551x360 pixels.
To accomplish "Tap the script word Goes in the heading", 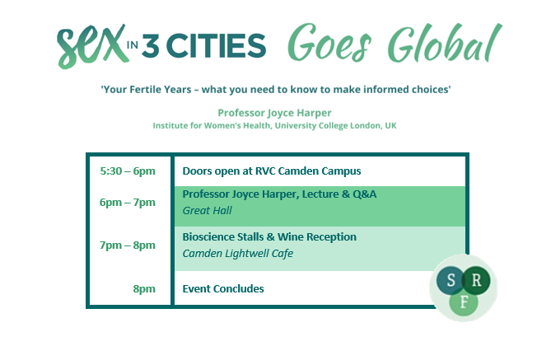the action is click(329, 44).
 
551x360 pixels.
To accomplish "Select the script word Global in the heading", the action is click(445, 43).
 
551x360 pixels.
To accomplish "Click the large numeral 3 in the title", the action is click(151, 45).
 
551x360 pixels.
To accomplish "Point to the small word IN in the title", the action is click(132, 45).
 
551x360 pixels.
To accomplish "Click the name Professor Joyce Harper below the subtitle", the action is click(274, 113).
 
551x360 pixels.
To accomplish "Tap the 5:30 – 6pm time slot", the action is click(128, 171).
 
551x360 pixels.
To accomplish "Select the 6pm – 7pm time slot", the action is click(127, 203).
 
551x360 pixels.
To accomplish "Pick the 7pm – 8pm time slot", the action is click(127, 245).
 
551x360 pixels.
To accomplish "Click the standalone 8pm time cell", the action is click(144, 289).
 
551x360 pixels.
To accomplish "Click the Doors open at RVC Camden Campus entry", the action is click(272, 171).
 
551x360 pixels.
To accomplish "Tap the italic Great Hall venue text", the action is click(207, 211).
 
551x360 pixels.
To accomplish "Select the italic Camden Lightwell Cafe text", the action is click(237, 254).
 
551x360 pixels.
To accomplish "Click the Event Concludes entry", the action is click(223, 289).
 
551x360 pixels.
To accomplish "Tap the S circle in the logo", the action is click(451, 280).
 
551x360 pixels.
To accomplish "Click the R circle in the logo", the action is click(476, 280).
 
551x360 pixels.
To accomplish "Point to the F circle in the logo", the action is click(464, 302).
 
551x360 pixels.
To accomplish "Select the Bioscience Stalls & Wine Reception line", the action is click(269, 237).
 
